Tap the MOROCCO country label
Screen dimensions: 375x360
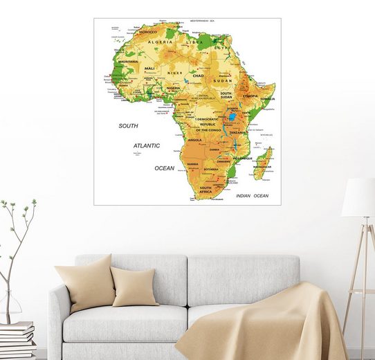point(148,32)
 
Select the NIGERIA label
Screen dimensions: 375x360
point(173,88)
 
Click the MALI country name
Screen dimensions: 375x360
point(149,69)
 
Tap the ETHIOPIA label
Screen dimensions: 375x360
point(250,96)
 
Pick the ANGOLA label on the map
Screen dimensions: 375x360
point(195,140)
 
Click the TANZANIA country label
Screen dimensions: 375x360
point(239,132)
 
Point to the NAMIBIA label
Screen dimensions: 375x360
point(194,164)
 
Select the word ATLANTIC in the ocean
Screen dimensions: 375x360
point(147,146)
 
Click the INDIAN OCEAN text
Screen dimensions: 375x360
point(252,196)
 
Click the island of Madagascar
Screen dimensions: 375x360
point(262,163)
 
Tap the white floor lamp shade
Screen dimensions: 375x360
point(359,197)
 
